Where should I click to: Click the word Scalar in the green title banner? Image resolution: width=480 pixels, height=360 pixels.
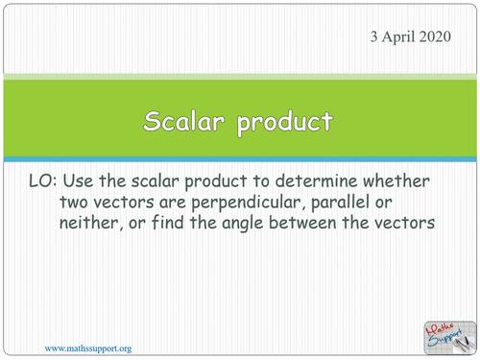click(186, 122)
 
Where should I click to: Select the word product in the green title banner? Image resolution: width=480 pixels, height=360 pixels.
click(285, 124)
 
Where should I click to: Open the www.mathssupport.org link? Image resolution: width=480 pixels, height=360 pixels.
click(88, 348)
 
